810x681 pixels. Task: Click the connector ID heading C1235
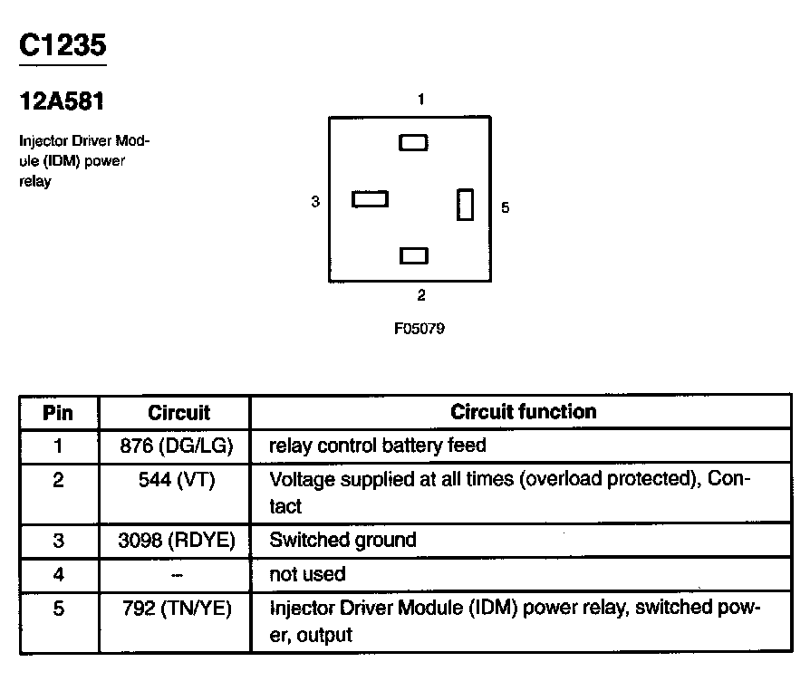click(63, 45)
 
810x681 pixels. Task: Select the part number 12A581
click(62, 101)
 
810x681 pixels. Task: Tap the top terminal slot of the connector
click(413, 142)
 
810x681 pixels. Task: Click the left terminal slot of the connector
click(370, 198)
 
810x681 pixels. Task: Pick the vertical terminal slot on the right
click(465, 205)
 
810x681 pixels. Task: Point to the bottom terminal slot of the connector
click(414, 255)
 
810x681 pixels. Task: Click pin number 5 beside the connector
click(506, 207)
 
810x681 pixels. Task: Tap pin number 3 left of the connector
click(315, 201)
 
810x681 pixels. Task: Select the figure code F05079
click(419, 329)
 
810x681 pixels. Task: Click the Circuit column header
click(178, 413)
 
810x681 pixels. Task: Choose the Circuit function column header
click(524, 411)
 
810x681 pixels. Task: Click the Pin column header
click(58, 413)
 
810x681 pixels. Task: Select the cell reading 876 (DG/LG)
click(177, 446)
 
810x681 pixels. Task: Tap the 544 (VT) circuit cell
click(177, 480)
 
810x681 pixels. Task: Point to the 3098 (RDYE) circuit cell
click(177, 540)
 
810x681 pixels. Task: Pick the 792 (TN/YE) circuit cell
click(177, 609)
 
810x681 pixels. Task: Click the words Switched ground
click(343, 540)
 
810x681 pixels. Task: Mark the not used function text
click(307, 574)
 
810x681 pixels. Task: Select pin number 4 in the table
click(58, 574)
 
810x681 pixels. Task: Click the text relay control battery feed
click(378, 445)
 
